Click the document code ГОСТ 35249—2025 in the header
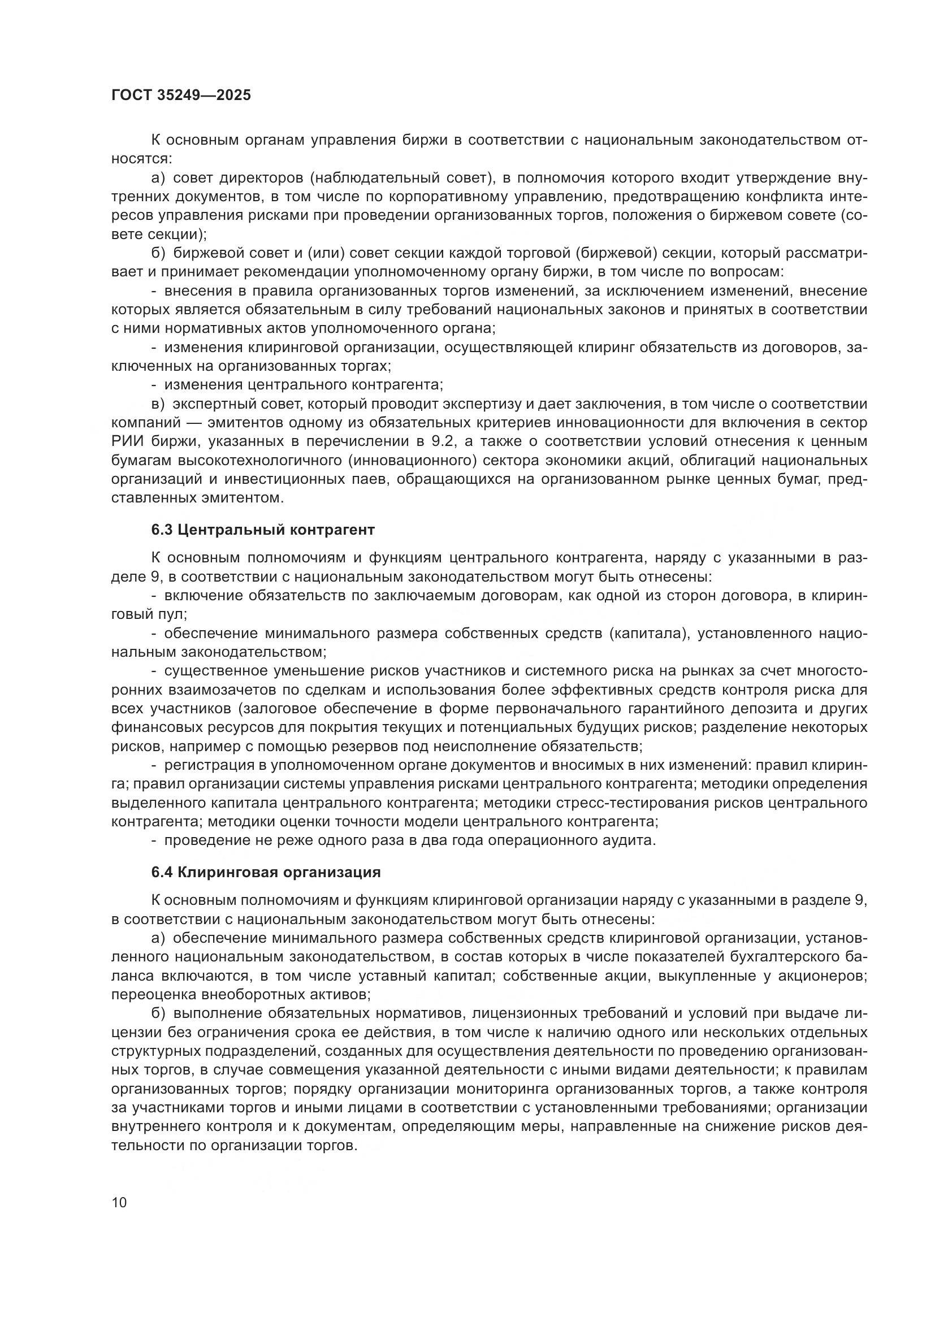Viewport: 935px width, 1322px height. pyautogui.click(x=181, y=96)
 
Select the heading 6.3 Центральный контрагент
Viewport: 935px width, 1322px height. pyautogui.click(x=262, y=530)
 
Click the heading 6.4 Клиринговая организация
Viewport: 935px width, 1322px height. pyautogui.click(x=266, y=872)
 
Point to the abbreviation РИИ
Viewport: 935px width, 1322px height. pyautogui.click(x=125, y=441)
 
